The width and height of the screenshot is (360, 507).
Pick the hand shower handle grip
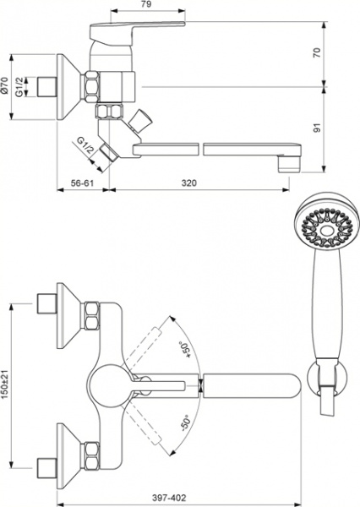click(x=322, y=304)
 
